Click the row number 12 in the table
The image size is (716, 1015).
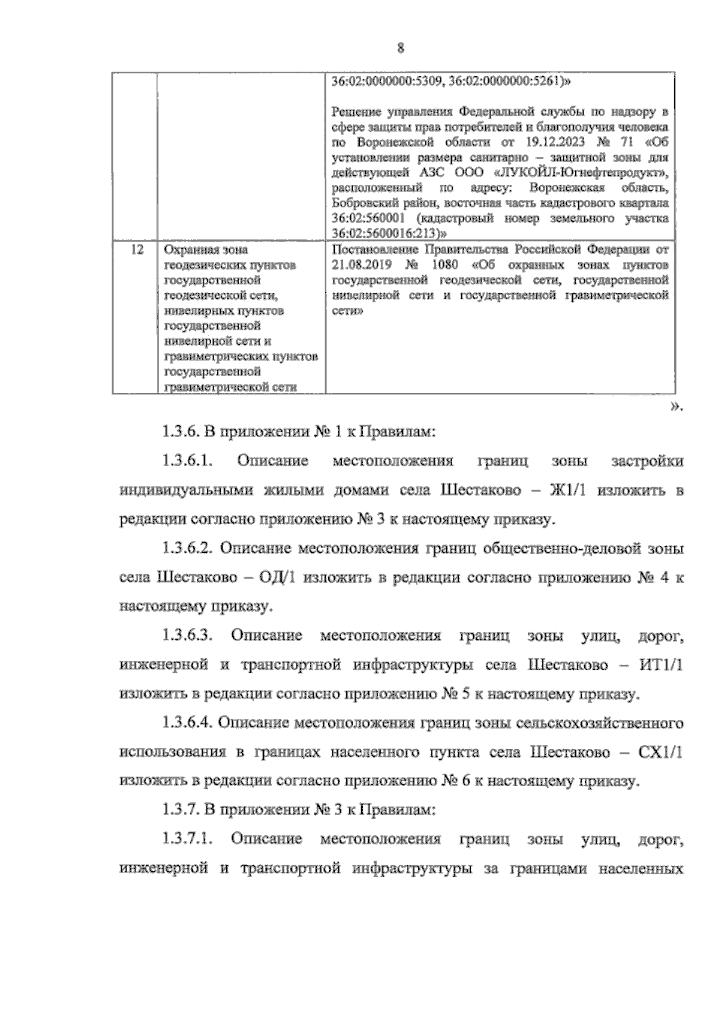pos(136,249)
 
